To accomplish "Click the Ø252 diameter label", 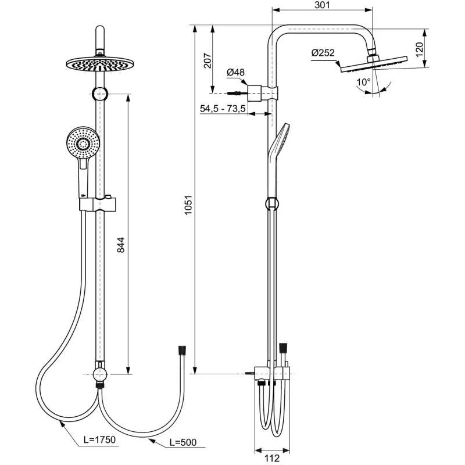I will (323, 53).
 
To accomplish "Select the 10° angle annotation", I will (363, 83).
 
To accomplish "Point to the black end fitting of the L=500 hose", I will (181, 350).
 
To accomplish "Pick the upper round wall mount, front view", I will (101, 93).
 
